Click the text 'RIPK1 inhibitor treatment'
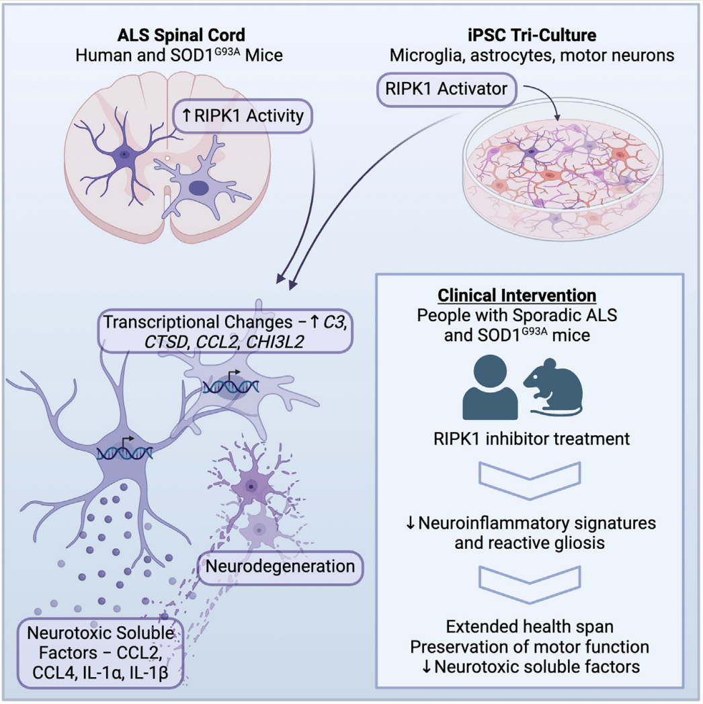click(532, 439)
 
